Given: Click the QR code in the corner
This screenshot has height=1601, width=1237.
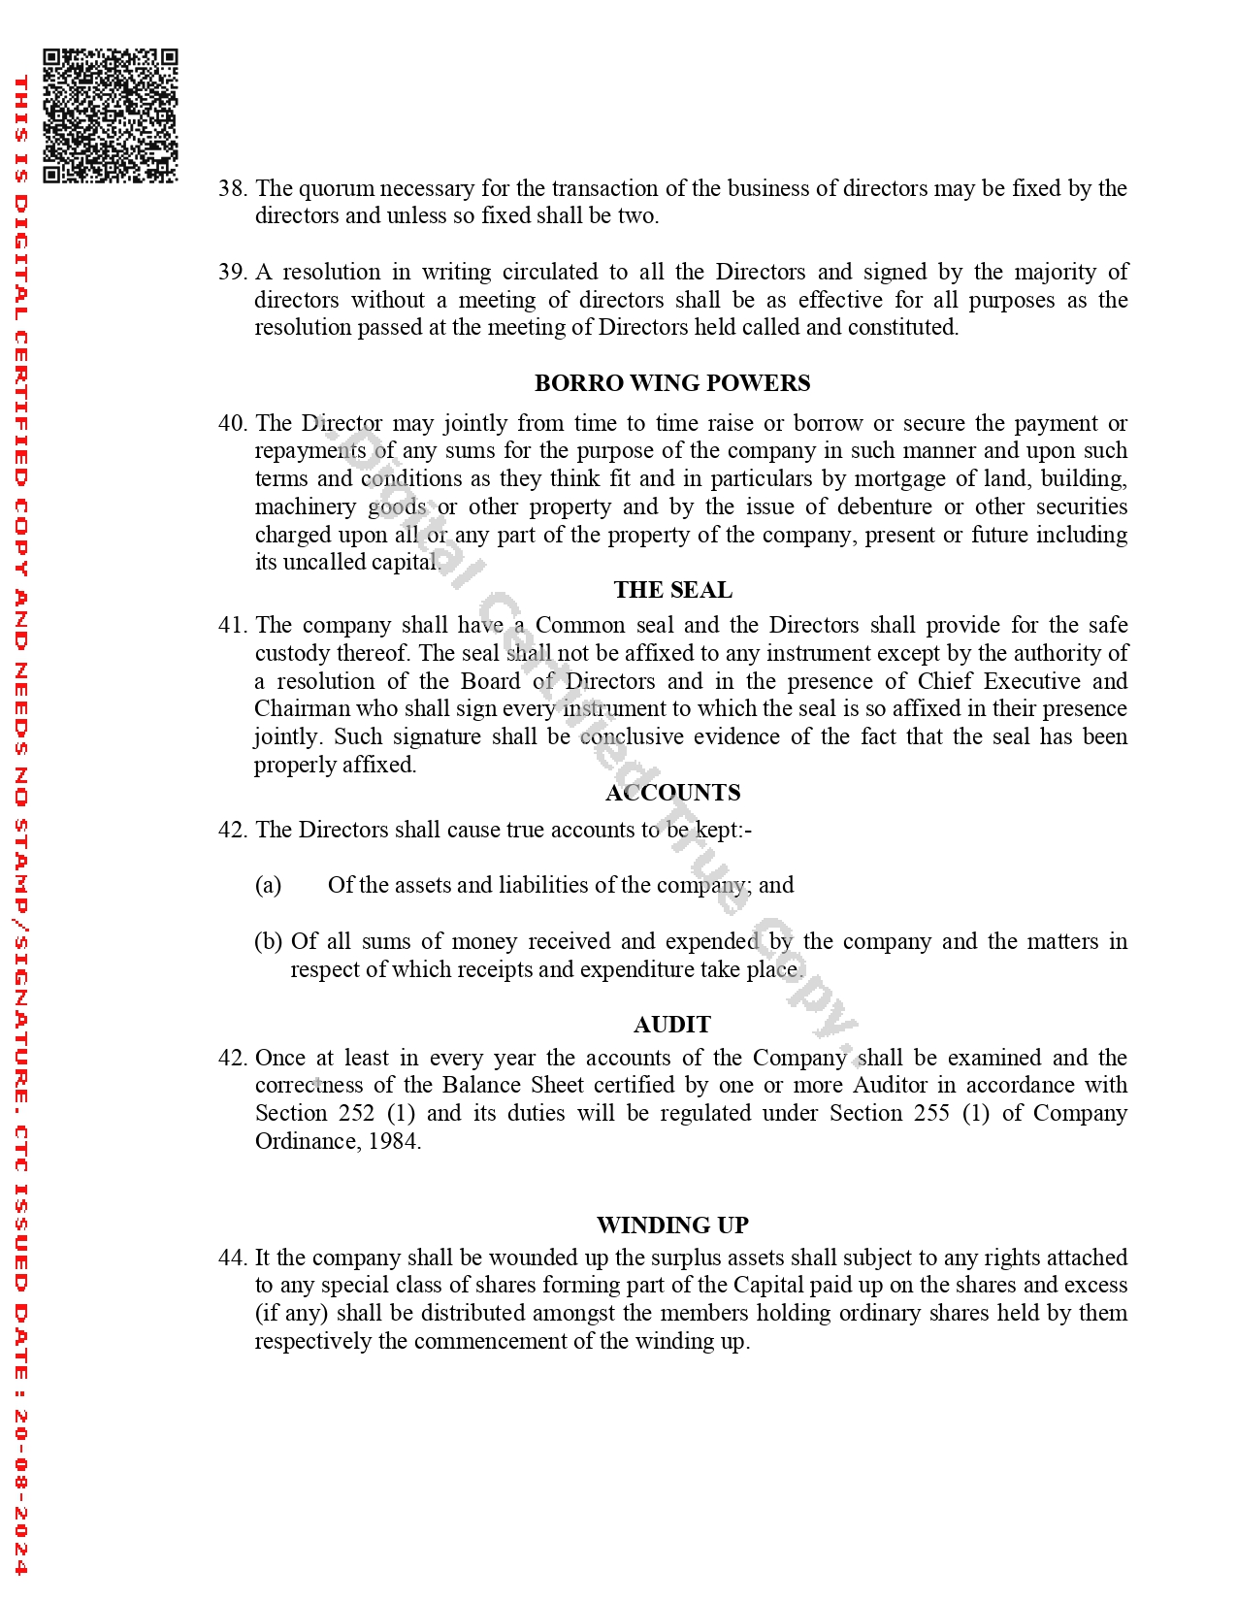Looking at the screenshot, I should [x=111, y=115].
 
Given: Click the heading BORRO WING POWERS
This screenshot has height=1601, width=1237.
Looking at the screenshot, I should [x=672, y=383].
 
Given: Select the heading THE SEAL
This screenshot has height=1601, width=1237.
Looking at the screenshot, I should [x=672, y=590].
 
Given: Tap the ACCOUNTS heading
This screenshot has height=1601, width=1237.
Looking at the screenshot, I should [x=672, y=793].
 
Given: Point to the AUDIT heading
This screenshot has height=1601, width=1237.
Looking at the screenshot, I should [x=672, y=1025].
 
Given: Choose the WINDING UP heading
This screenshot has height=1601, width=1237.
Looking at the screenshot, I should [x=672, y=1225].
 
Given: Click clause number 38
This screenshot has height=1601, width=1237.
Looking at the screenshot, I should [x=232, y=188].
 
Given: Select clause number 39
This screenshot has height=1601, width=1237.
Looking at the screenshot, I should [x=232, y=272].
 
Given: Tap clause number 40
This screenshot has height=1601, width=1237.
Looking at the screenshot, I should [x=232, y=423].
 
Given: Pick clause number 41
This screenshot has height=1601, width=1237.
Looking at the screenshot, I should [x=232, y=625].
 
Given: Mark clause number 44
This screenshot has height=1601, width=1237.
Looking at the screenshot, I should [x=232, y=1258].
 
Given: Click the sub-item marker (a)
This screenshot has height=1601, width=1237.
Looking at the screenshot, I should [x=268, y=885].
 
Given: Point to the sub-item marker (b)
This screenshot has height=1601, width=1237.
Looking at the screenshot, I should [x=268, y=941].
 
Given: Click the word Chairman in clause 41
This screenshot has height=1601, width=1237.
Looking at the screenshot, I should [x=302, y=708].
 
